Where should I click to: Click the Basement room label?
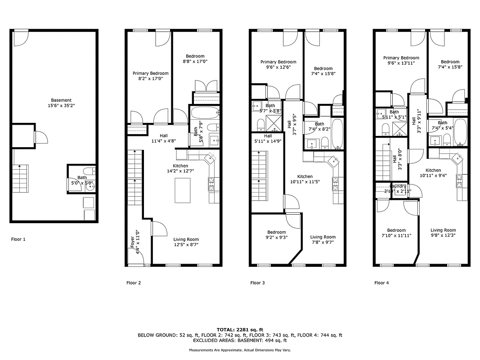click(61, 100)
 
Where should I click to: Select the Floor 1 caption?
click(18, 239)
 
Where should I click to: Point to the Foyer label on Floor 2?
click(132, 241)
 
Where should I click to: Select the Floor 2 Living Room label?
click(186, 239)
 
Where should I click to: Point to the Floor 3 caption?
click(258, 283)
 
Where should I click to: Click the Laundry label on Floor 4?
click(397, 186)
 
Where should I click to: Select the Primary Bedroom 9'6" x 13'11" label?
click(401, 58)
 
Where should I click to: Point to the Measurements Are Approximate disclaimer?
click(240, 350)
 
